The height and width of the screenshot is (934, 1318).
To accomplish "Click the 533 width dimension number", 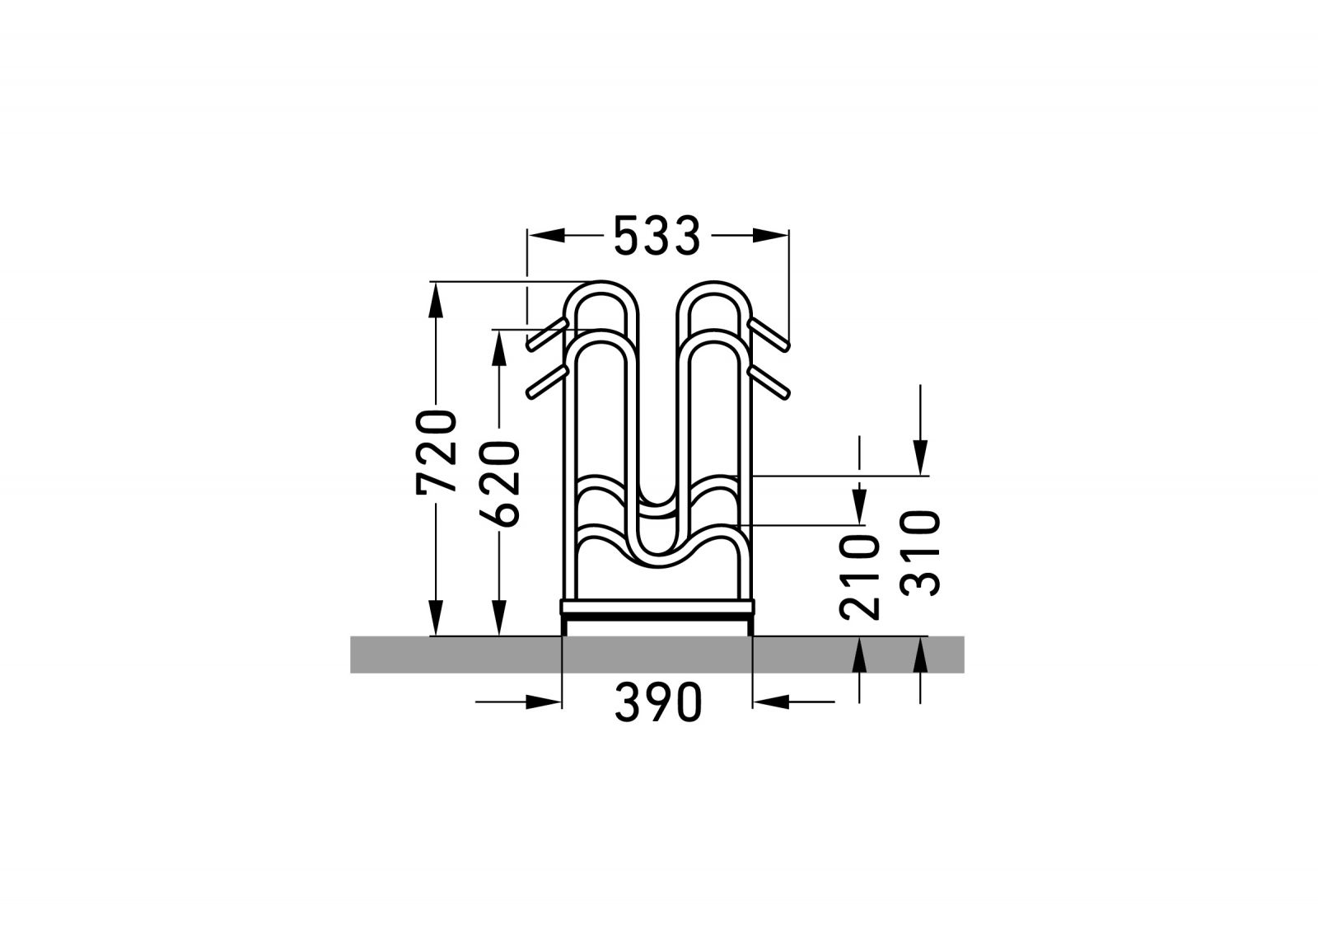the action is [x=657, y=236].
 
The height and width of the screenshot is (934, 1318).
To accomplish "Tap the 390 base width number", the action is [x=658, y=702].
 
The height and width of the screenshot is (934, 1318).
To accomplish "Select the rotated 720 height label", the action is [x=436, y=453].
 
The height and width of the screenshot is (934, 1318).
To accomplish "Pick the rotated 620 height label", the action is [x=499, y=484].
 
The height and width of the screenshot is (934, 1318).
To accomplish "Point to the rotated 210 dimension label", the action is [x=860, y=577].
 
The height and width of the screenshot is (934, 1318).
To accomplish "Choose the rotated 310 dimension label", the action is [x=920, y=554].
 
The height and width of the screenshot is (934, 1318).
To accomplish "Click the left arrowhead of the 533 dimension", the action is [x=547, y=236].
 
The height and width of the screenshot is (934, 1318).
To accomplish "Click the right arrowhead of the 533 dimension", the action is [x=770, y=236].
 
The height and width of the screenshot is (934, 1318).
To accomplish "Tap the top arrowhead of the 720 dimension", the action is [x=436, y=301].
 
